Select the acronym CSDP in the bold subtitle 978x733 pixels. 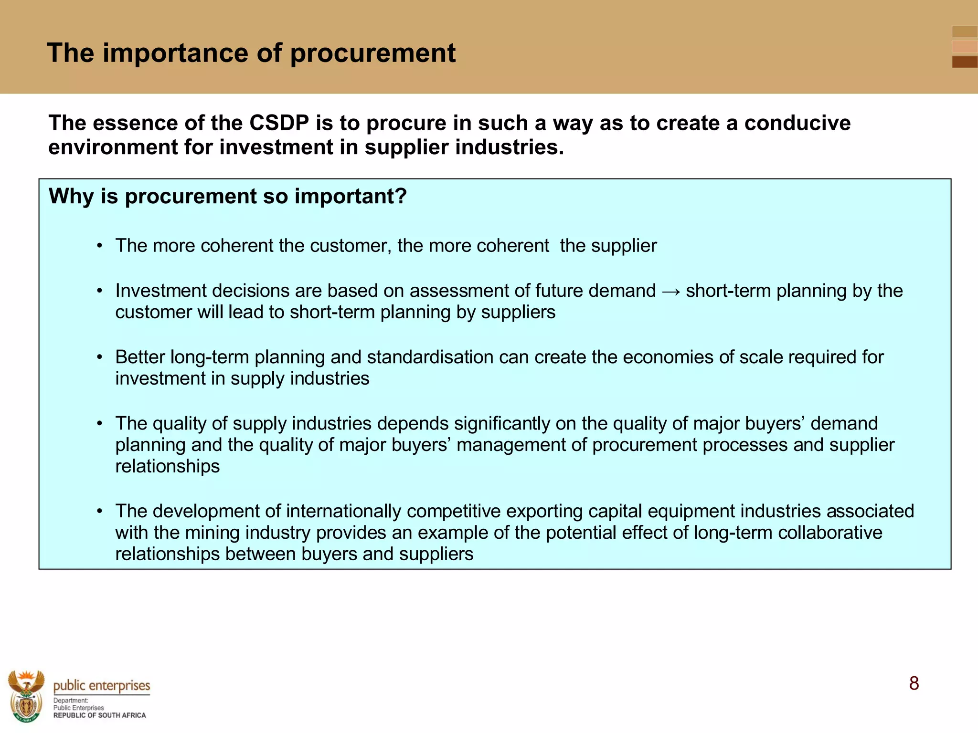(279, 123)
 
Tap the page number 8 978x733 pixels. (914, 683)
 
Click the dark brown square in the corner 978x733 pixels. (964, 62)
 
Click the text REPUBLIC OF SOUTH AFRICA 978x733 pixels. (99, 715)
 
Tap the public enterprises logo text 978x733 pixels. (101, 686)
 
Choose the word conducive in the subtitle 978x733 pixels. (797, 123)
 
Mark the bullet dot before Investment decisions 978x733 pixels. (99, 291)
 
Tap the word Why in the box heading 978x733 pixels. (71, 196)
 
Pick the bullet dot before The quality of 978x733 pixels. (99, 424)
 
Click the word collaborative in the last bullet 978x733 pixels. (830, 533)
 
